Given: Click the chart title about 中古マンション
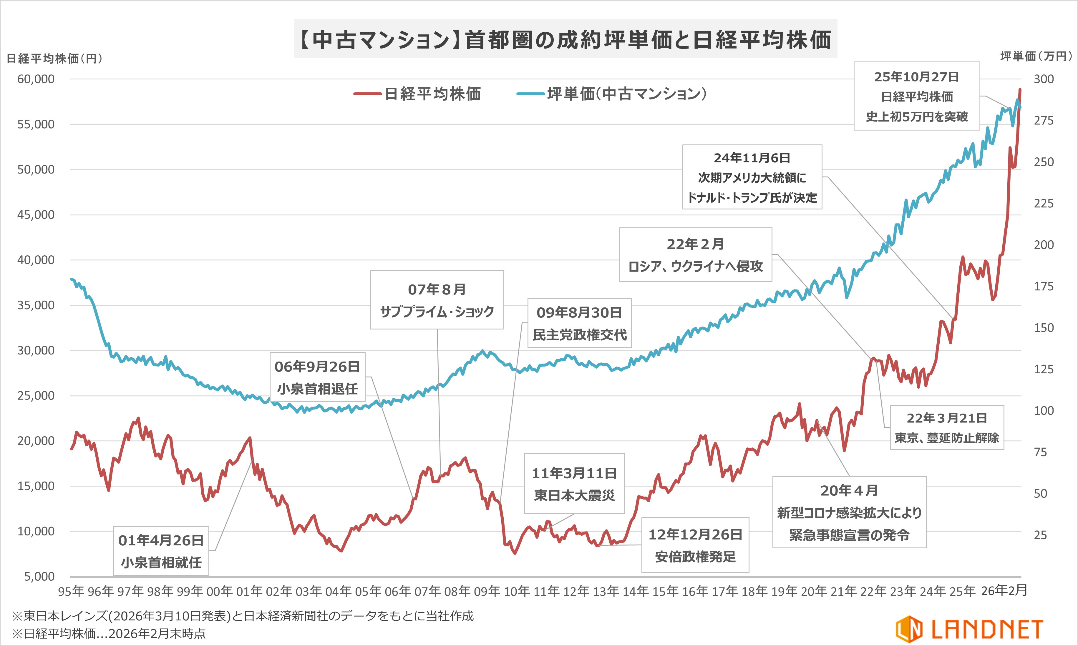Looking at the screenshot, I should click(565, 39).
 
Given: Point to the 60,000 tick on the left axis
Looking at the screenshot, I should click(36, 79).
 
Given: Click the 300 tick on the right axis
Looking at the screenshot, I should click(1044, 79).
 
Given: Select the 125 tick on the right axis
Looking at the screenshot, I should click(1044, 369).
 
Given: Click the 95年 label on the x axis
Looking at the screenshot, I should click(71, 591).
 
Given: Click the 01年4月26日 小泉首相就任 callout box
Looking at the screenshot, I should click(161, 551).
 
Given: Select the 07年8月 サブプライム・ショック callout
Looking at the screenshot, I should click(437, 300).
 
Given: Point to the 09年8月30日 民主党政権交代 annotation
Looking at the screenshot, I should click(579, 323).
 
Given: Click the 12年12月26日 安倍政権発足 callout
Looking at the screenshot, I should click(695, 545).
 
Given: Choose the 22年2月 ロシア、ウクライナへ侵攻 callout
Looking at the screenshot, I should click(696, 255).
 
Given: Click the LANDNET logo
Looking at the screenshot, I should click(969, 629).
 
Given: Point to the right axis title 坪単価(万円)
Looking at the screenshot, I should click(1036, 56).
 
